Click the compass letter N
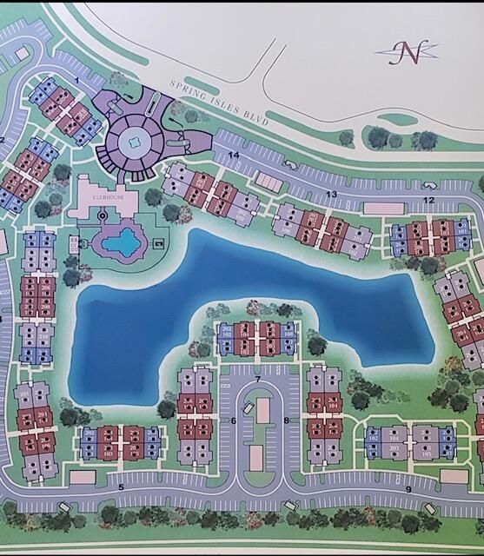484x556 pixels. tap(408, 52)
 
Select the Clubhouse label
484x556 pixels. tap(107, 197)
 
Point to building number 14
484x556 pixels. tap(233, 155)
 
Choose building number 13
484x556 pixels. tap(330, 193)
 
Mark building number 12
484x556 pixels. tap(428, 200)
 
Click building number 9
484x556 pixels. tap(408, 488)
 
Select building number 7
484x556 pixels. tap(258, 380)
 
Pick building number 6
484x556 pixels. tap(233, 420)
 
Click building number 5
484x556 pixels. tap(121, 486)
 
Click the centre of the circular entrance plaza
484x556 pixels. tap(136, 141)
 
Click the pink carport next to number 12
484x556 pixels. tap(386, 208)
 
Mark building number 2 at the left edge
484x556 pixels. tap(3, 139)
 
